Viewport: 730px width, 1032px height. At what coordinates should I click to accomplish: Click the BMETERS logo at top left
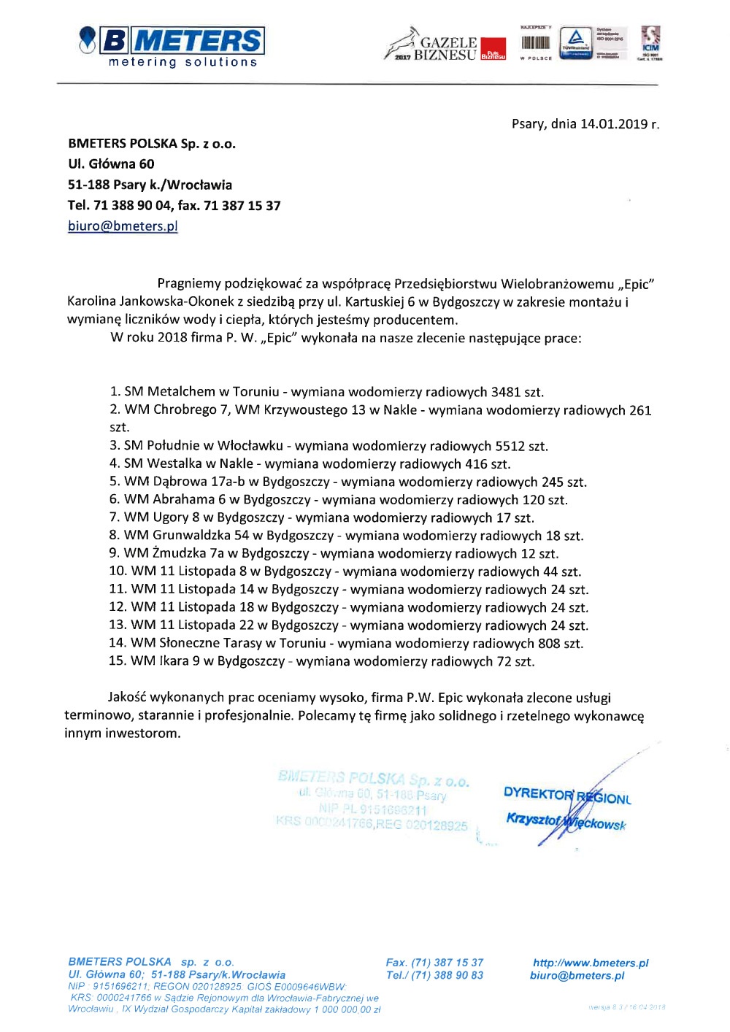172,46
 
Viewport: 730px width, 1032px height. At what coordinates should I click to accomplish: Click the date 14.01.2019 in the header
613,124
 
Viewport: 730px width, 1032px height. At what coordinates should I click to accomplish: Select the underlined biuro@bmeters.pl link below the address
123,226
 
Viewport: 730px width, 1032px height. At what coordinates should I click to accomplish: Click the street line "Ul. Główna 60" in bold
111,164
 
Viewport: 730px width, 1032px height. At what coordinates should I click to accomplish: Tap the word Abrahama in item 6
184,500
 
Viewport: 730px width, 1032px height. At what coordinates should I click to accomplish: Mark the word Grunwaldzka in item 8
191,536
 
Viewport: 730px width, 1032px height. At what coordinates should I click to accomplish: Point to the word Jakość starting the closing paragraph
129,698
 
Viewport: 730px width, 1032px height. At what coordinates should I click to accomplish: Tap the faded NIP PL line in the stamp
372,809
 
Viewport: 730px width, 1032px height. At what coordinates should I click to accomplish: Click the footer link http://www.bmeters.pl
591,963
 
